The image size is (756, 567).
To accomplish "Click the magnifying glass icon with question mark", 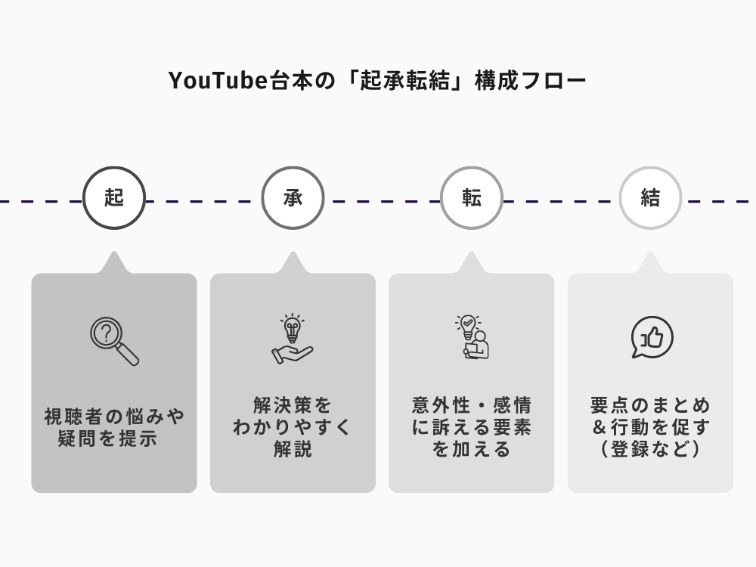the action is (x=114, y=340).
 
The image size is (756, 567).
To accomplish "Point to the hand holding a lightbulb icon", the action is (x=293, y=339).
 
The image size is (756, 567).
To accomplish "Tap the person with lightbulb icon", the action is (x=472, y=337).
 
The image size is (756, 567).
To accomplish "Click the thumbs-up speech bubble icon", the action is (x=652, y=337).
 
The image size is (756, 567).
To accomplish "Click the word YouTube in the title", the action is (x=218, y=80).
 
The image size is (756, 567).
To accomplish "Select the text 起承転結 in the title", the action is (x=404, y=80).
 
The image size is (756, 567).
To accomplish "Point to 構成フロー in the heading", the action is (x=531, y=80).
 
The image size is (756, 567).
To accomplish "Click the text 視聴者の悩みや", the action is (x=114, y=416).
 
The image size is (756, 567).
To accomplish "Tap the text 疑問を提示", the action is (x=107, y=438).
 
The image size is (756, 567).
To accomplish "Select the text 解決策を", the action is (x=293, y=405).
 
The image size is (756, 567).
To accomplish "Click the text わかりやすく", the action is (x=293, y=427).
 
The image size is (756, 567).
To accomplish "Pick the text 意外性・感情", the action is (x=472, y=405).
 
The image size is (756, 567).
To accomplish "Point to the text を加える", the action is (x=472, y=449).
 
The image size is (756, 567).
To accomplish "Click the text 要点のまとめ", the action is (x=650, y=405).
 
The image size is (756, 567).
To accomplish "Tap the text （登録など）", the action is (x=650, y=449).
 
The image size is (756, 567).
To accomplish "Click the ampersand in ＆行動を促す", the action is (x=600, y=427).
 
